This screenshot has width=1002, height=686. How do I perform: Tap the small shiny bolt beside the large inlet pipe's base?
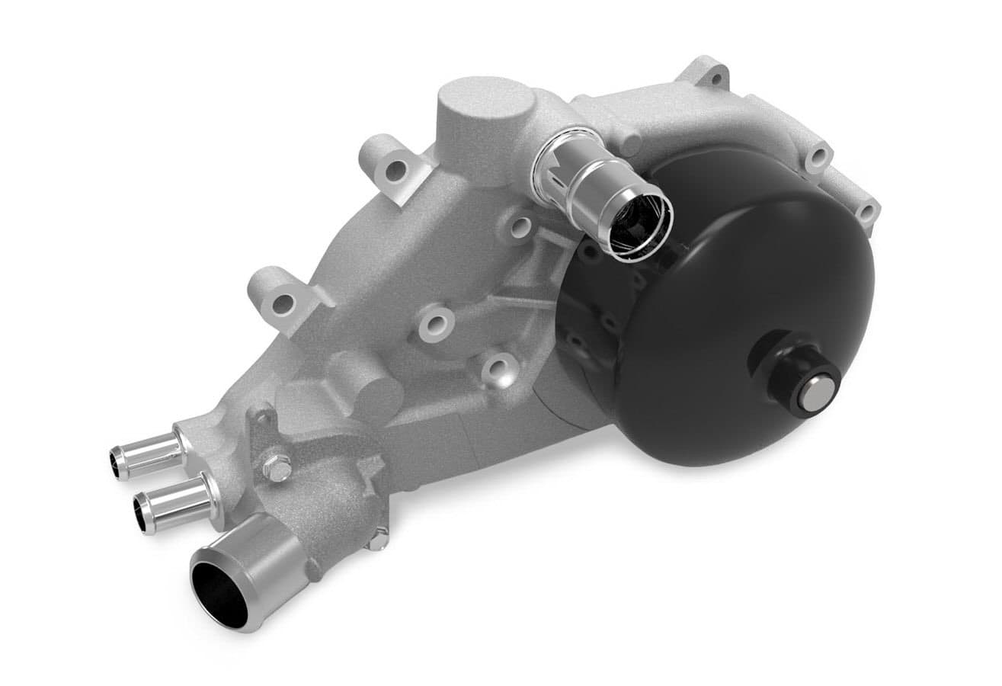point(375,542)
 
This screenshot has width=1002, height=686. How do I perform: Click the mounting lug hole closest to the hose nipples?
point(280,303)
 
